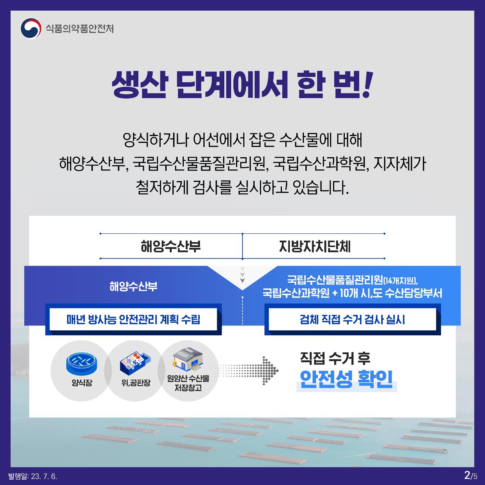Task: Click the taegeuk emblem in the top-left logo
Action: (x=31, y=28)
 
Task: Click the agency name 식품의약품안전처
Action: (x=80, y=29)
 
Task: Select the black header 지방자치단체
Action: (x=314, y=246)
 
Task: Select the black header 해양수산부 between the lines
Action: (x=171, y=246)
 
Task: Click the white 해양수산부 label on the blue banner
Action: (x=133, y=286)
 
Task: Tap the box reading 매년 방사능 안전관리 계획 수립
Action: (x=133, y=319)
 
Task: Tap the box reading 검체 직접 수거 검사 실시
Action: (x=352, y=319)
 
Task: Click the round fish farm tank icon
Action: (x=81, y=363)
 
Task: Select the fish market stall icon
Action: (x=135, y=362)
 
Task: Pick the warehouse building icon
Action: (x=188, y=360)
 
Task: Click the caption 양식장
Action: (x=82, y=383)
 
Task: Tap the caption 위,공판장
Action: (x=136, y=383)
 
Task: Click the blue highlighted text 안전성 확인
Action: (x=346, y=379)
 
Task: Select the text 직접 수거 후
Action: (x=335, y=358)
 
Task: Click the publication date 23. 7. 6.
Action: (x=44, y=476)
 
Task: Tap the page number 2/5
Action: (x=471, y=475)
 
